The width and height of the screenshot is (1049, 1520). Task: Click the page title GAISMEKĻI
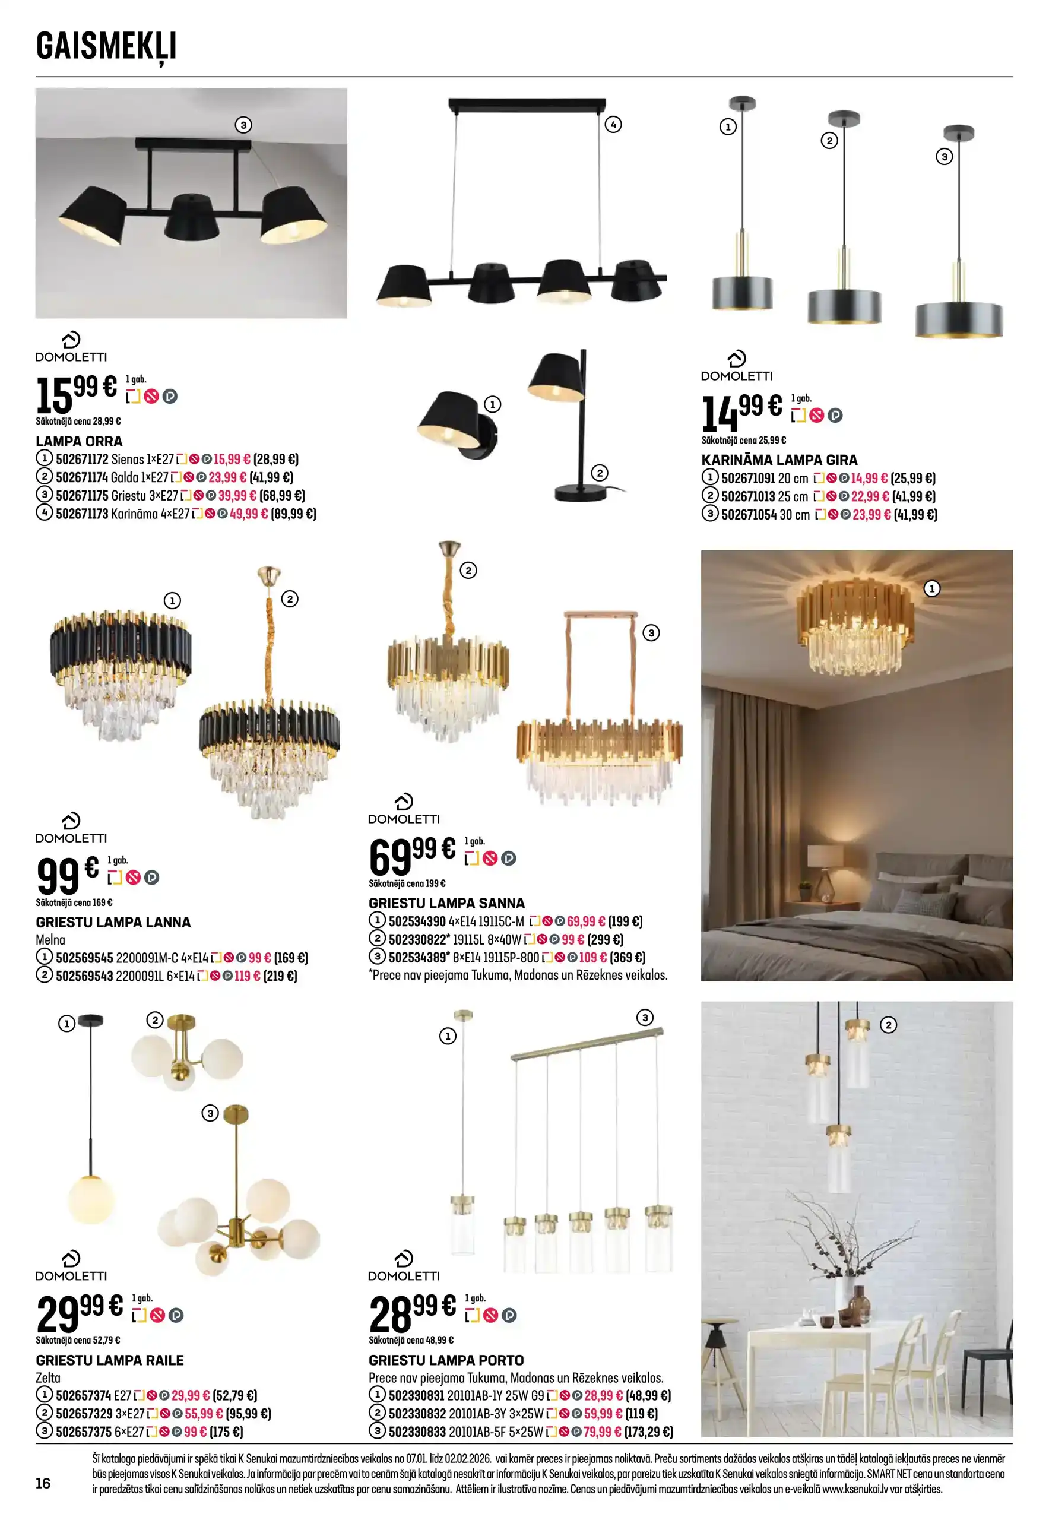(x=106, y=47)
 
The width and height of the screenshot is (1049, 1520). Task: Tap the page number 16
(x=43, y=1483)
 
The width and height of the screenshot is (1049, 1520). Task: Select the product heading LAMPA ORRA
(x=79, y=441)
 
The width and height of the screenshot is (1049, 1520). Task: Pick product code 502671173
(x=81, y=514)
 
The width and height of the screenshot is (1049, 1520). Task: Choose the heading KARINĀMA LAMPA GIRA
(x=779, y=460)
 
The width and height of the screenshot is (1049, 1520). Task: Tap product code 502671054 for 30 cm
(x=749, y=515)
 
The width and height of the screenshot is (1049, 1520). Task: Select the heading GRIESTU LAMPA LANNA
(x=113, y=922)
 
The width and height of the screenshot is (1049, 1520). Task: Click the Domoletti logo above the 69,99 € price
(x=404, y=809)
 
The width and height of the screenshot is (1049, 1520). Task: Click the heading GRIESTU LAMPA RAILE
(x=110, y=1360)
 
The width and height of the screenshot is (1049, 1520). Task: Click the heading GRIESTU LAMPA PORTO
(x=446, y=1360)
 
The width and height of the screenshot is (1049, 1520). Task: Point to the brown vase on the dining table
(x=858, y=1304)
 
